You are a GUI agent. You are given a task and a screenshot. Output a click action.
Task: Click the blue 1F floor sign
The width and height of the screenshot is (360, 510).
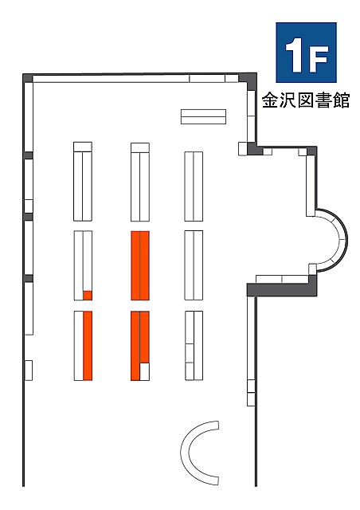click(306, 53)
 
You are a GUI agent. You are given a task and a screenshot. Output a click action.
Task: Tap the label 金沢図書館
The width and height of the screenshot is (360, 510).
click(306, 100)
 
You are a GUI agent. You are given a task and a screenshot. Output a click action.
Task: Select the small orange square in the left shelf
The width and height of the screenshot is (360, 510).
click(88, 296)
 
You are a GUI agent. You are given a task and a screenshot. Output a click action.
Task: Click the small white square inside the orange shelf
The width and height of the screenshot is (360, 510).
click(145, 371)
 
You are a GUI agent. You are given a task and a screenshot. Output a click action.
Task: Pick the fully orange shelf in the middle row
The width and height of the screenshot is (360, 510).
click(140, 265)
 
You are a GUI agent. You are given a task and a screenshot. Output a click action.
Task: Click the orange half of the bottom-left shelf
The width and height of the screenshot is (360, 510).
click(88, 345)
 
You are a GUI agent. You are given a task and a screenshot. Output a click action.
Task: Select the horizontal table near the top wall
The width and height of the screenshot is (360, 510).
click(203, 117)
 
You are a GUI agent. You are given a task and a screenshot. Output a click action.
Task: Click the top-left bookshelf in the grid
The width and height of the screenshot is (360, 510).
click(83, 182)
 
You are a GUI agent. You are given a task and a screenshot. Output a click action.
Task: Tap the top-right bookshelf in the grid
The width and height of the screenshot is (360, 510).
click(194, 186)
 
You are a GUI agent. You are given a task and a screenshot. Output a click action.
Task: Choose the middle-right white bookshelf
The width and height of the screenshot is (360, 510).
click(194, 265)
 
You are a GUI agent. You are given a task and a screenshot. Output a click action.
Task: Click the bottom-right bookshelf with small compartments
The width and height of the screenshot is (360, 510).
click(194, 345)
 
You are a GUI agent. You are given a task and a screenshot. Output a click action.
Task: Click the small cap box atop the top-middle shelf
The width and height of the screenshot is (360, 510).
click(140, 147)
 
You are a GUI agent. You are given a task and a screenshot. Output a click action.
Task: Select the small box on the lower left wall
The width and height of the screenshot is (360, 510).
click(29, 370)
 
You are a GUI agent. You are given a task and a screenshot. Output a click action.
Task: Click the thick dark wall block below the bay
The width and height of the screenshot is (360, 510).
click(282, 289)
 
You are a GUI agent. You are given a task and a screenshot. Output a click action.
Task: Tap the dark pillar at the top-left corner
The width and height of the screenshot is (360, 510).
click(28, 78)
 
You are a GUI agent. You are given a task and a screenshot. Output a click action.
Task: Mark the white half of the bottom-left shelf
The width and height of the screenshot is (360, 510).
click(79, 345)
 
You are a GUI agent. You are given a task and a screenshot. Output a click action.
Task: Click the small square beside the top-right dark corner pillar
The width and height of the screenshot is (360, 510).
click(243, 149)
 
